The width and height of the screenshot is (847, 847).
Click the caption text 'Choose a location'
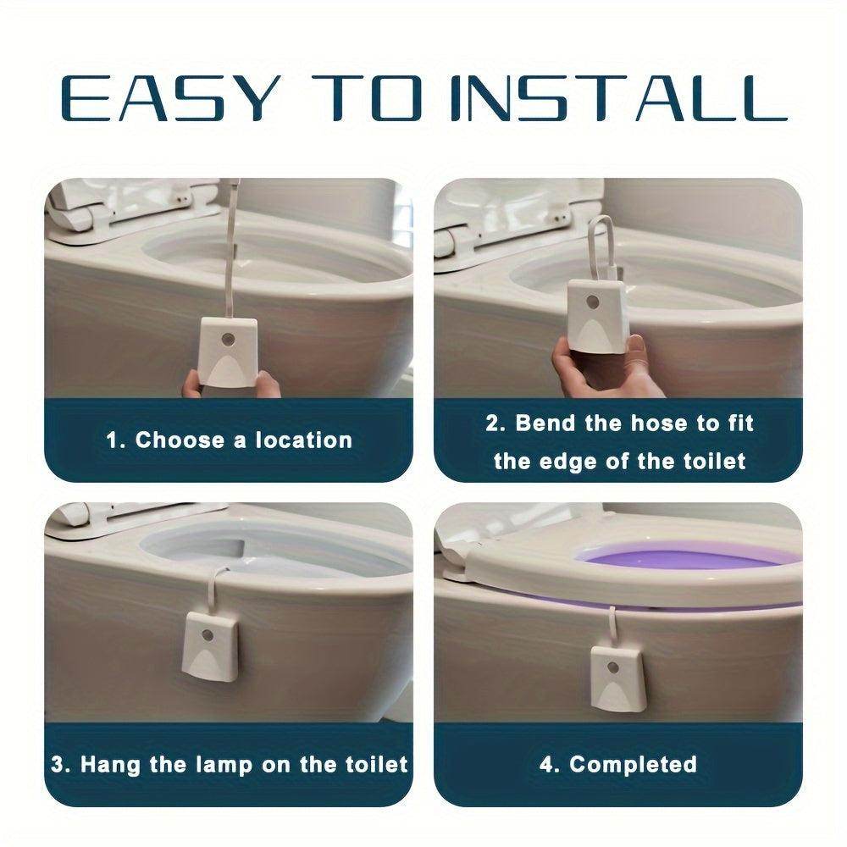point(243,440)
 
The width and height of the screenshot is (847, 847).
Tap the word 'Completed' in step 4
point(633,764)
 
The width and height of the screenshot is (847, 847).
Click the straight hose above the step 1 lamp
point(231,246)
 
